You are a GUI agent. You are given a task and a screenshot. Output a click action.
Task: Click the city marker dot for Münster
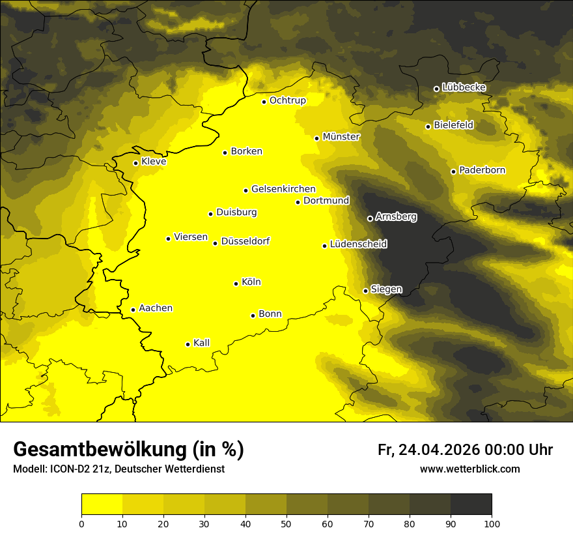pyautogui.click(x=317, y=138)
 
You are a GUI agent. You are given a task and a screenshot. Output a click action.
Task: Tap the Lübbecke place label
pyautogui.click(x=464, y=87)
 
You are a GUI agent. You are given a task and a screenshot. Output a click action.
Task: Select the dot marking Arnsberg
pyautogui.click(x=370, y=218)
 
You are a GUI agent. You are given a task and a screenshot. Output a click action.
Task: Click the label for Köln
pyautogui.click(x=251, y=282)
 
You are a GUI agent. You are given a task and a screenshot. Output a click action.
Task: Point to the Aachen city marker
pyautogui.click(x=133, y=310)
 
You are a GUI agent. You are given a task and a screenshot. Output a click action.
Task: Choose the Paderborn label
pyautogui.click(x=482, y=170)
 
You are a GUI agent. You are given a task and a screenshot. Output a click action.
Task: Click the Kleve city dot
pyautogui.click(x=135, y=163)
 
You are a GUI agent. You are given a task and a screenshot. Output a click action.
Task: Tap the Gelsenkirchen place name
pyautogui.click(x=283, y=189)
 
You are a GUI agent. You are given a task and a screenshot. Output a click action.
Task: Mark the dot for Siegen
pyautogui.click(x=365, y=291)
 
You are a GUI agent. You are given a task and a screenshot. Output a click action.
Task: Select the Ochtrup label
pyautogui.click(x=287, y=100)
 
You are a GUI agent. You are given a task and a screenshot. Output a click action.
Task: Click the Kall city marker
pyautogui.click(x=188, y=344)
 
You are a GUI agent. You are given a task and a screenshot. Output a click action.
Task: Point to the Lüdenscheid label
pyautogui.click(x=358, y=244)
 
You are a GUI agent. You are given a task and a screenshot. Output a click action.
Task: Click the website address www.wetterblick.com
pyautogui.click(x=469, y=469)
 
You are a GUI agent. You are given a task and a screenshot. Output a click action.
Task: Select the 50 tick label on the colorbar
pyautogui.click(x=286, y=523)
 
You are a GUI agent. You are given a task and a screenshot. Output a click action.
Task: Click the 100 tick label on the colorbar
pyautogui.click(x=492, y=523)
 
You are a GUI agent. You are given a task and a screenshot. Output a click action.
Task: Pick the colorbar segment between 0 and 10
pyautogui.click(x=102, y=504)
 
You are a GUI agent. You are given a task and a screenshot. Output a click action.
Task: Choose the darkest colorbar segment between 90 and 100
pyautogui.click(x=471, y=504)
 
